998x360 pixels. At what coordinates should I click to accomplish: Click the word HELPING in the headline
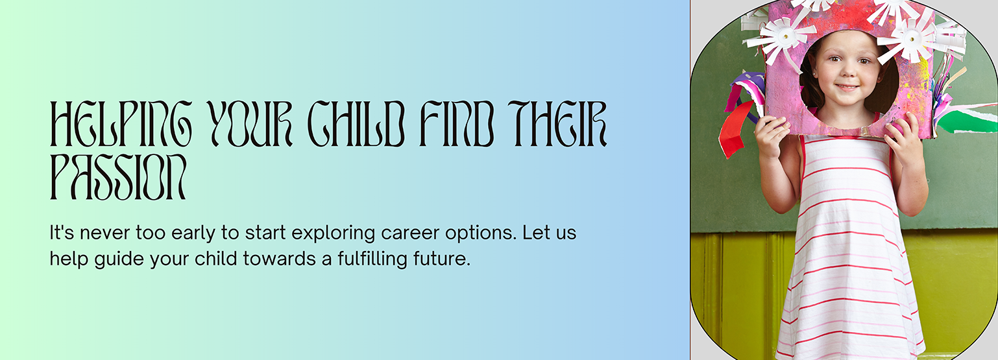121,124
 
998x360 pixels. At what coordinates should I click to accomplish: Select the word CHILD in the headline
356,124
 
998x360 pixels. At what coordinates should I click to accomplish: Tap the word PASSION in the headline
117,177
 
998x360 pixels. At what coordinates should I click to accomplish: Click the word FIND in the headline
457,124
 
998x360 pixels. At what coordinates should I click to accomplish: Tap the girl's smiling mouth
847,87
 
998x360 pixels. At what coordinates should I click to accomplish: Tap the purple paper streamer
745,93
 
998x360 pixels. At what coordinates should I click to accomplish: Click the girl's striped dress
849,250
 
